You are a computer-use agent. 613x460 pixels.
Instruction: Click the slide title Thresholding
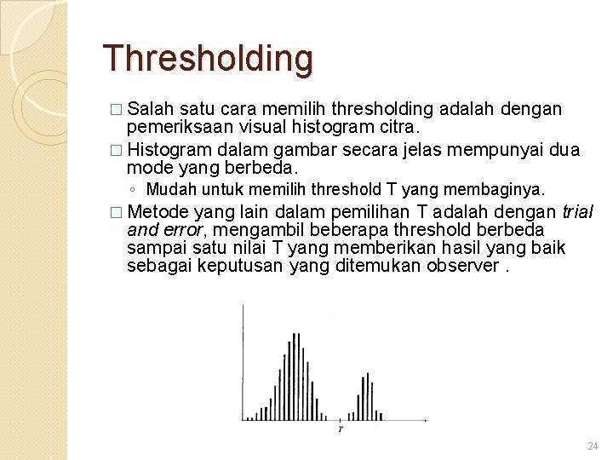pyautogui.click(x=208, y=59)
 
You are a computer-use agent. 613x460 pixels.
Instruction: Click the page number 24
pyautogui.click(x=593, y=446)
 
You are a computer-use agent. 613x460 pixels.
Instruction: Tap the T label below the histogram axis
pyautogui.click(x=341, y=429)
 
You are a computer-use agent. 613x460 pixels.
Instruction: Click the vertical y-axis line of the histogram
pyautogui.click(x=243, y=362)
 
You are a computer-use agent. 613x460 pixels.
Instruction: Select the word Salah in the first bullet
pyautogui.click(x=153, y=109)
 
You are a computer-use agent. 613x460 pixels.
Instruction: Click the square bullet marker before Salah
pyautogui.click(x=116, y=110)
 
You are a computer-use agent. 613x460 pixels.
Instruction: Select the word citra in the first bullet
pyautogui.click(x=397, y=127)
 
